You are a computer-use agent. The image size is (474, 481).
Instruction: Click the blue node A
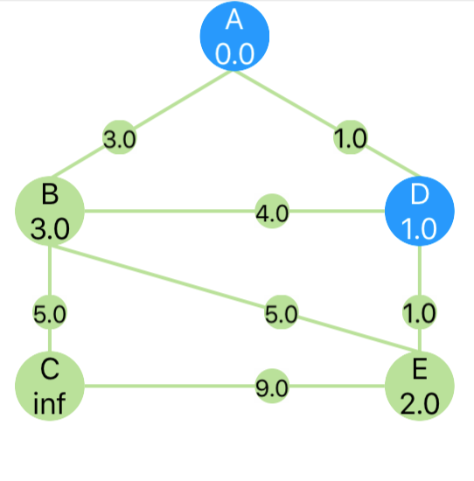coord(234,36)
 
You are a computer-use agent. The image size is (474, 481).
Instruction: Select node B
coord(50,211)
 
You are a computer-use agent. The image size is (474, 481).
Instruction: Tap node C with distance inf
coord(50,386)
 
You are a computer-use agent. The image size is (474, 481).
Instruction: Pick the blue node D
coord(420,211)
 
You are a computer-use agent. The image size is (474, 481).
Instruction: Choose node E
coord(420,386)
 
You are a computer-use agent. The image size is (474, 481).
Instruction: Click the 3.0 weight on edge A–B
coord(119,137)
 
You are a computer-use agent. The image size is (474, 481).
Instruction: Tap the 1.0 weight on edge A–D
coord(351,137)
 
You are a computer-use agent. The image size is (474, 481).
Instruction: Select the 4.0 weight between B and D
coord(272,211)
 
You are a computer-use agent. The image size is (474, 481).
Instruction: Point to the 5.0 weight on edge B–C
coord(50,312)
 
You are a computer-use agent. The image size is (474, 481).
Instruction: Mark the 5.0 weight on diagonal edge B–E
coord(281,312)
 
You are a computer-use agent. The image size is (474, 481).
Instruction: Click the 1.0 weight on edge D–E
coord(420,312)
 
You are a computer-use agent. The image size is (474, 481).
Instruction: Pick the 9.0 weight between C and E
coord(272,386)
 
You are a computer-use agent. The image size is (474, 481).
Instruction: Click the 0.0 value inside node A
coord(234,54)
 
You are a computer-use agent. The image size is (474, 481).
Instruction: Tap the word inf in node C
coord(49,403)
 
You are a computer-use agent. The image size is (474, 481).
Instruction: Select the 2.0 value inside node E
coord(420,404)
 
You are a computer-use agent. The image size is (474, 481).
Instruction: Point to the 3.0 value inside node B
coord(50,229)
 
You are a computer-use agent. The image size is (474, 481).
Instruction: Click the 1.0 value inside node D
coord(419,229)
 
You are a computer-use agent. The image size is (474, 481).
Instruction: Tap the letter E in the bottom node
coord(420,369)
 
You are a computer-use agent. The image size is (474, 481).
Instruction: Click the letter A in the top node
coord(234,19)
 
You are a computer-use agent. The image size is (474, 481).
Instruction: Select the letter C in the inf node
coord(50,369)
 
